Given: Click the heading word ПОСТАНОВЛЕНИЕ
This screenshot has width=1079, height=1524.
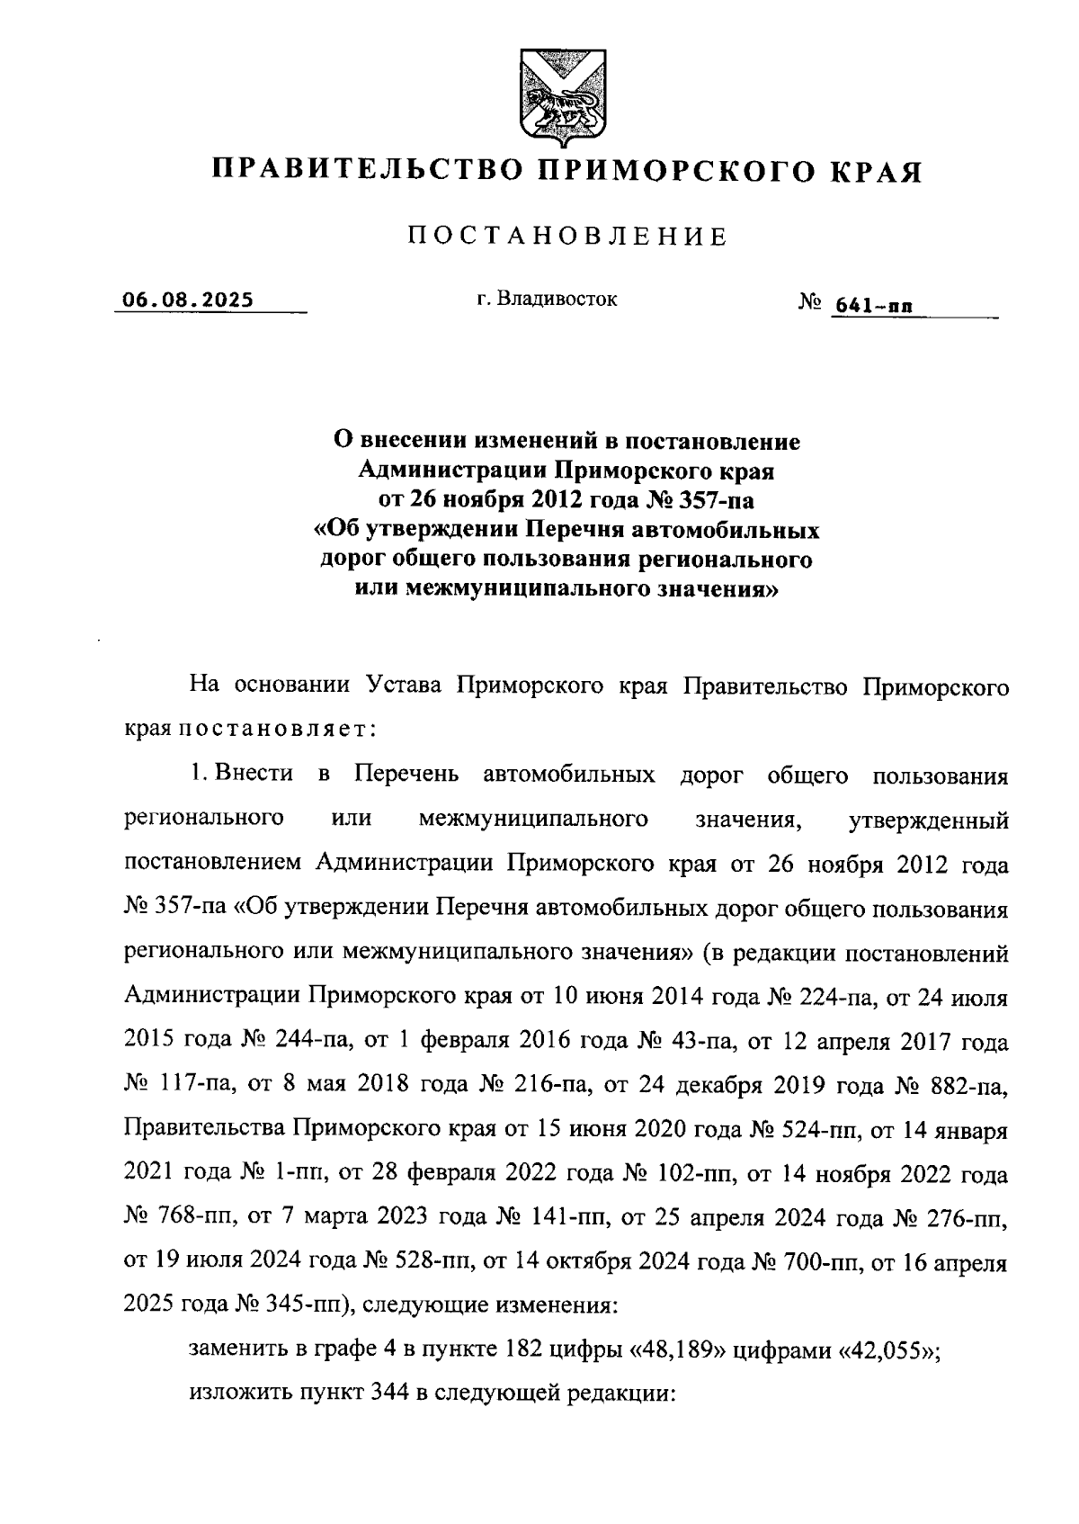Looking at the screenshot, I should coord(567,237).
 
